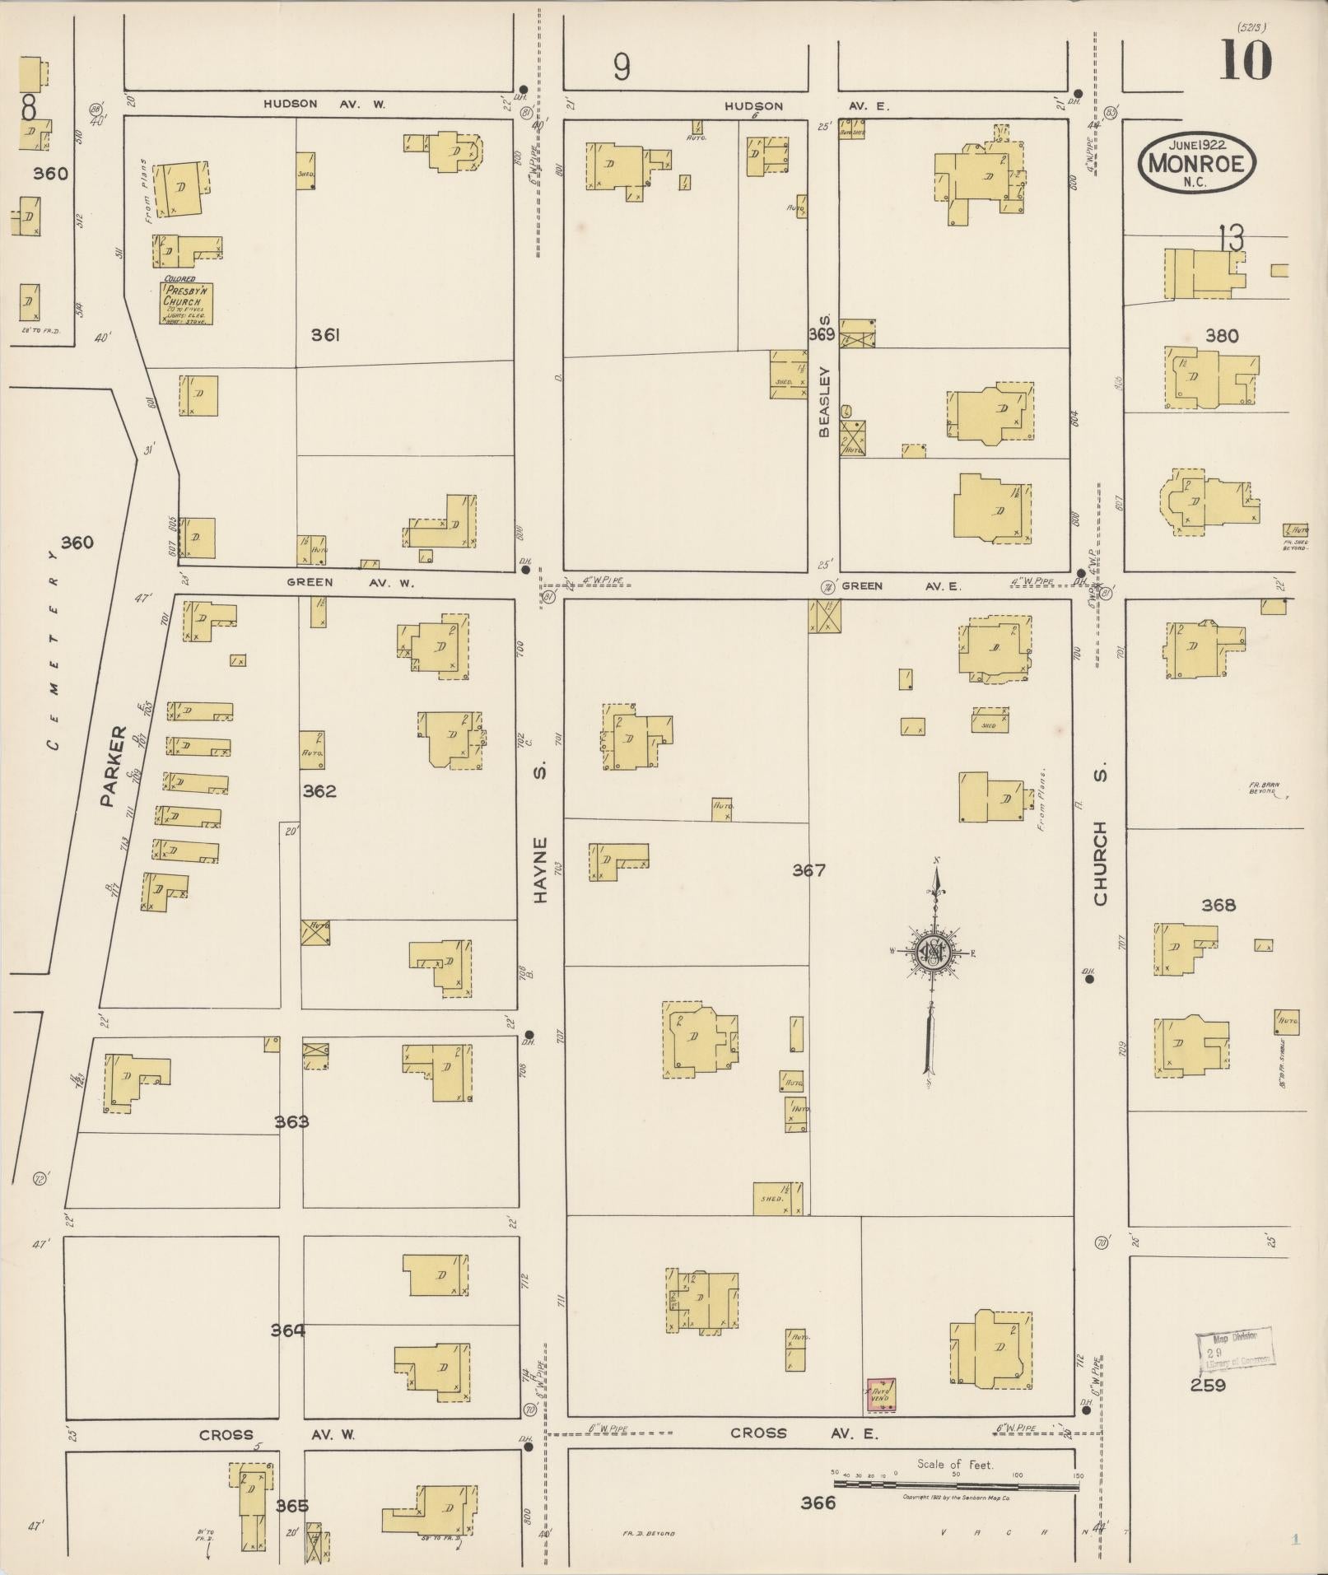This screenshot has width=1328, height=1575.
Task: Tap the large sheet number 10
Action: tap(1246, 61)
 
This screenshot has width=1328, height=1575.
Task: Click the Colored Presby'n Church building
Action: tap(187, 302)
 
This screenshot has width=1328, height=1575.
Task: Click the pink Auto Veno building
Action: tap(880, 1396)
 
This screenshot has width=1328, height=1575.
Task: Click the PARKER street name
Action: tap(113, 766)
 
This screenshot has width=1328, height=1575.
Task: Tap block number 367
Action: tap(808, 870)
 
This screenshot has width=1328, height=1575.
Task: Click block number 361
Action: tap(326, 335)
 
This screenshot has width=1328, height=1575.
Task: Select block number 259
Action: tap(1208, 1385)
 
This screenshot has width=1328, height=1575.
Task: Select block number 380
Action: tap(1221, 336)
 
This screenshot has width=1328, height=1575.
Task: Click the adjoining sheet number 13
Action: tap(1232, 240)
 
